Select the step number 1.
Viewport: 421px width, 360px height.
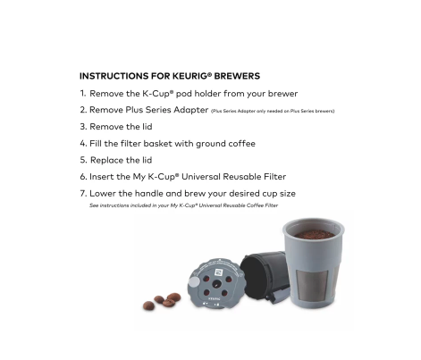[x=82, y=93]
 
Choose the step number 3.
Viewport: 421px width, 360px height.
[x=82, y=127]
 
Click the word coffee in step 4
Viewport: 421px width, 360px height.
[x=239, y=143]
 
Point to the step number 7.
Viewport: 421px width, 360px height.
[x=82, y=193]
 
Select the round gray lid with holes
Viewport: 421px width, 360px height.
[x=215, y=280]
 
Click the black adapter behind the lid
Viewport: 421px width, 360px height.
[x=265, y=272]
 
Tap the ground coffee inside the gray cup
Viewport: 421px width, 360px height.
[x=314, y=235]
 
